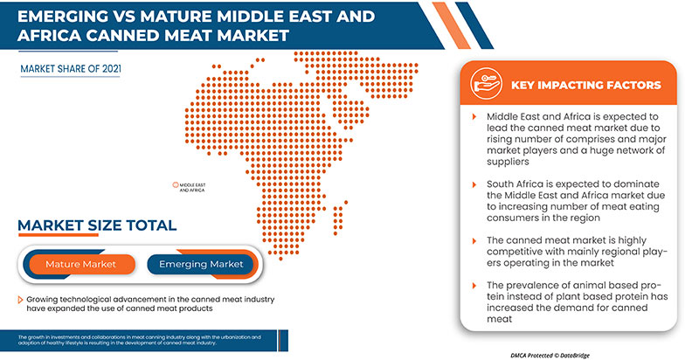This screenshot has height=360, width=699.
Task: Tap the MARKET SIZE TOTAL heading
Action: (98, 225)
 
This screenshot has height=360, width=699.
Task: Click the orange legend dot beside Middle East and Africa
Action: (176, 185)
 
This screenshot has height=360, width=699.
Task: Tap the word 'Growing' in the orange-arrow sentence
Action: (45, 300)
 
